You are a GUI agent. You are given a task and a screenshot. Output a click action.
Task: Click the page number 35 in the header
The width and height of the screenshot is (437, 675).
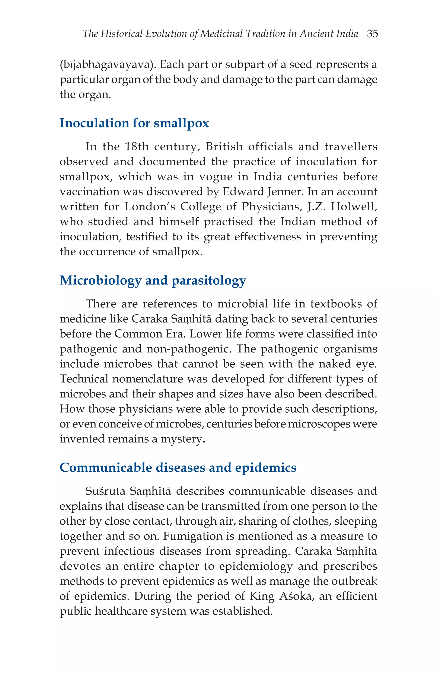click(x=372, y=34)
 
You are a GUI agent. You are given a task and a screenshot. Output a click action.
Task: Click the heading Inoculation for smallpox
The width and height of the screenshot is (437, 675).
click(x=134, y=123)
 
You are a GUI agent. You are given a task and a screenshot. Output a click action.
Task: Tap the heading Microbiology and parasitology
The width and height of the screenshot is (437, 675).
click(x=153, y=281)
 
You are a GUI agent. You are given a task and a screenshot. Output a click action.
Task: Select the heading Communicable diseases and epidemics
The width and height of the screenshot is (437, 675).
click(x=178, y=468)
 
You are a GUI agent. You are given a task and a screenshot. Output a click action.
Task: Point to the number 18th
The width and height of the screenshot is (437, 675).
click(x=137, y=147)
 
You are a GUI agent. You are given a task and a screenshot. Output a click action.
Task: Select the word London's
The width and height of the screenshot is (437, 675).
click(x=150, y=207)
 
